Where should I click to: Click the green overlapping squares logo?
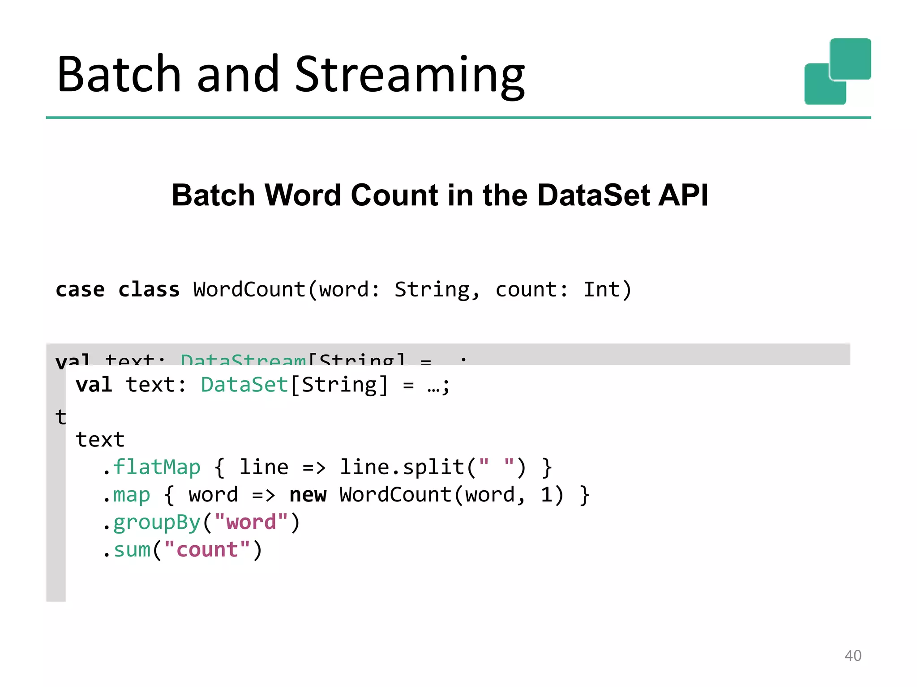click(837, 72)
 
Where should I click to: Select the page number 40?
click(853, 656)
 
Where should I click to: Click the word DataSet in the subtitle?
click(593, 195)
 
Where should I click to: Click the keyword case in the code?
click(80, 290)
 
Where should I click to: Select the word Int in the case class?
click(601, 290)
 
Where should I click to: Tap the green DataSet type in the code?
click(244, 385)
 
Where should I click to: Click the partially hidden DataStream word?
click(243, 359)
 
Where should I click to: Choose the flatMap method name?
click(157, 467)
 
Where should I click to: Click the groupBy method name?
click(157, 522)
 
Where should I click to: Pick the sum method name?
click(132, 550)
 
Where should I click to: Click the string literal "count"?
click(207, 550)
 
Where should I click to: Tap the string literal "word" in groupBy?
click(251, 522)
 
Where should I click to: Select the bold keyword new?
click(308, 495)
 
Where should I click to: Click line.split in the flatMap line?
click(402, 467)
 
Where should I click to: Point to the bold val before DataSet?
click(94, 385)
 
